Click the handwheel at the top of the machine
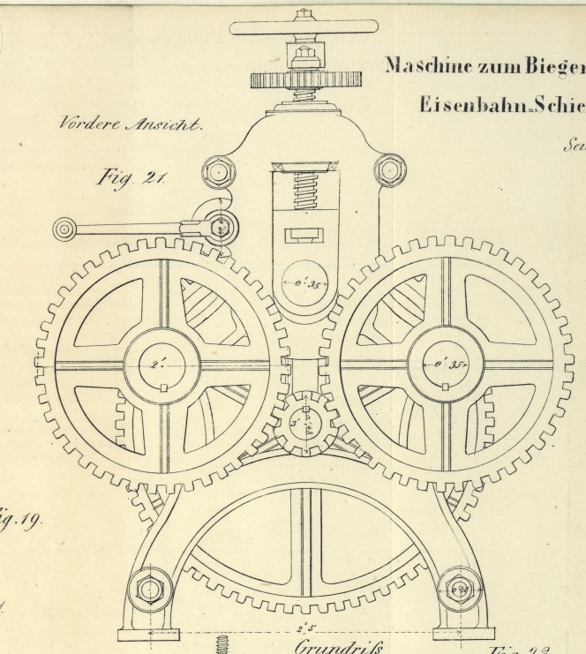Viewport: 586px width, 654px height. click(304, 27)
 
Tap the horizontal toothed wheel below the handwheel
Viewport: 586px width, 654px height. click(304, 80)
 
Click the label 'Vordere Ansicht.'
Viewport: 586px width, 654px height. click(131, 124)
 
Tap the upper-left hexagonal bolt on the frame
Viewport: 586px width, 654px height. click(217, 171)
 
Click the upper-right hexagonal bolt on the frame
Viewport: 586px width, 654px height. click(388, 170)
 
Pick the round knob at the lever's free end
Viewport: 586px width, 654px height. click(64, 230)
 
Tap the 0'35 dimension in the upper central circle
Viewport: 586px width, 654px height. click(304, 284)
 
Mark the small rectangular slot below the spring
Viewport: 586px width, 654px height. click(304, 236)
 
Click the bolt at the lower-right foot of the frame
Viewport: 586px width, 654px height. click(460, 589)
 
